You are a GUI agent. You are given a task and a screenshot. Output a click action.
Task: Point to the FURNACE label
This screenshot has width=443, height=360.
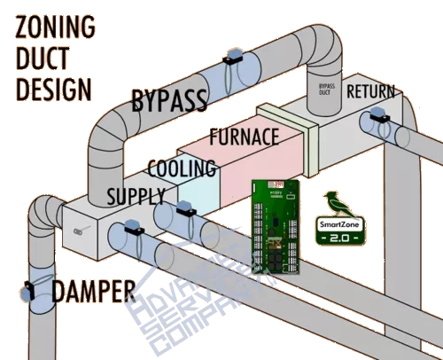244,137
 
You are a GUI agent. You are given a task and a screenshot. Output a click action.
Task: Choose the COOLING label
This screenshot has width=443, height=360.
182,168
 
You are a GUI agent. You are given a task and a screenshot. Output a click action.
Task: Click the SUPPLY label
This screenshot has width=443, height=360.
136,194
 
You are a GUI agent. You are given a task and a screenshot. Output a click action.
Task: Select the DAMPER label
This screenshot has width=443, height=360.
93,289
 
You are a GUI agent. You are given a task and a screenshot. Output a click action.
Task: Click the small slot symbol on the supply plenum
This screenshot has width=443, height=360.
79,229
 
